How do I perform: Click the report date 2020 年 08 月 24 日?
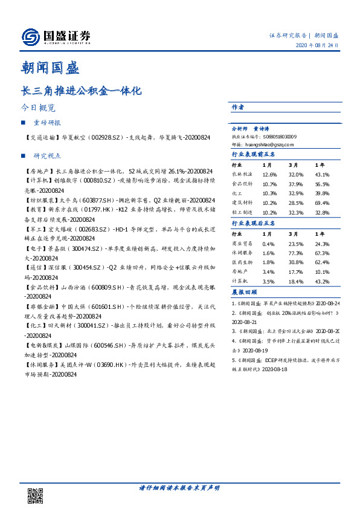click(317, 47)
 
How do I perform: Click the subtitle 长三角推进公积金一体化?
click(81, 91)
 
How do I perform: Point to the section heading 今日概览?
click(37, 109)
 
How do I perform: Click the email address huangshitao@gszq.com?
click(267, 145)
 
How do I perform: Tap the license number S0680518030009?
click(275, 137)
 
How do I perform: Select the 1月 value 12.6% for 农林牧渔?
click(269, 175)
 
